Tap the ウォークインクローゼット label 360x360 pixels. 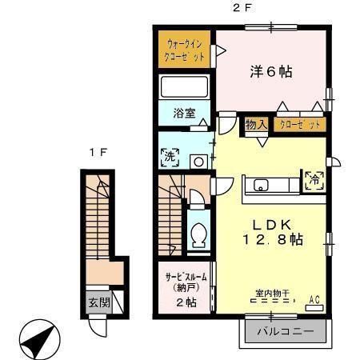185,50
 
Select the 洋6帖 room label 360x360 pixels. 270,71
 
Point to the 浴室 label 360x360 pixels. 185,113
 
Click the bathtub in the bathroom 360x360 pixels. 185,87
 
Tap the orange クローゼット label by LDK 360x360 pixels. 300,125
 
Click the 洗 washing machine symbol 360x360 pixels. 170,158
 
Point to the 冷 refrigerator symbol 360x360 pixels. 314,180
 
